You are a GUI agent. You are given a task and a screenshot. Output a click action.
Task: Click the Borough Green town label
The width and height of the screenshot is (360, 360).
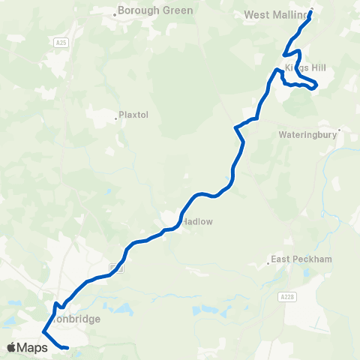(x=156, y=11)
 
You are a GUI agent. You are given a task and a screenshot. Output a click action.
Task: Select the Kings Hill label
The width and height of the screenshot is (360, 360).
(x=306, y=67)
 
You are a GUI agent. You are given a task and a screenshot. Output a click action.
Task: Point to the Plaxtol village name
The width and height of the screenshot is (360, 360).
(x=136, y=116)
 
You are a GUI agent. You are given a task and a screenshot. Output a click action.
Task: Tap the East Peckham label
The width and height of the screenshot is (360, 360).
(x=301, y=260)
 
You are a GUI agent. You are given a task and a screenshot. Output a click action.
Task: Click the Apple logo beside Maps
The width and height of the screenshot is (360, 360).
(x=12, y=347)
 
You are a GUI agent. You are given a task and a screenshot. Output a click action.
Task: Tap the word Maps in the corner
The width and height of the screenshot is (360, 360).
(x=34, y=347)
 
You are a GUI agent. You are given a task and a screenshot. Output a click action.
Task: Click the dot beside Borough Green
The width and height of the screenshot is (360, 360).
(x=115, y=13)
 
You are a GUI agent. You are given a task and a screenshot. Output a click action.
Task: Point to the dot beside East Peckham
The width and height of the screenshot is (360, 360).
(x=268, y=263)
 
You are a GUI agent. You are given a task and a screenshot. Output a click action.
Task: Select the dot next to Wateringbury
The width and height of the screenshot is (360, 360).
(x=339, y=130)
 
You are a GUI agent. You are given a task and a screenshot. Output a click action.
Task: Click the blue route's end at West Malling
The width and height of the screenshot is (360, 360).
(x=311, y=11)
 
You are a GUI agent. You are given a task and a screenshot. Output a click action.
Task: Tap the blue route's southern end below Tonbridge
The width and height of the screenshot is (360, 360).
(x=67, y=348)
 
